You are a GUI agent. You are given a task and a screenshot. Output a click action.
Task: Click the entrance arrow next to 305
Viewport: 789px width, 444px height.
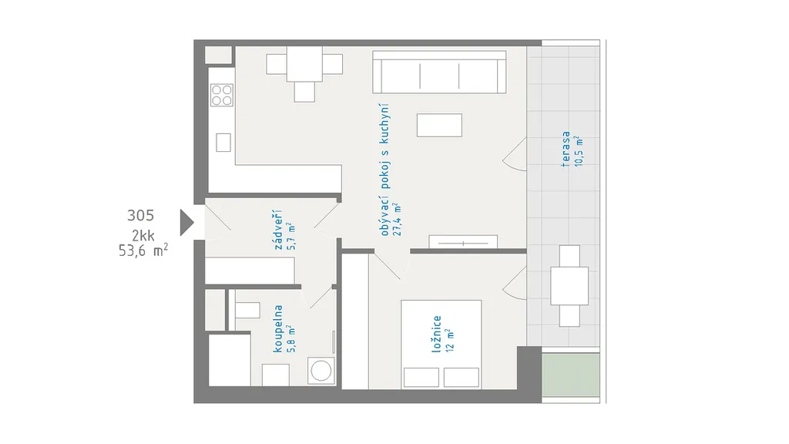(186, 223)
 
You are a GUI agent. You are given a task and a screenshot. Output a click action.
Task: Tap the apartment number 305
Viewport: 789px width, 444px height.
(140, 216)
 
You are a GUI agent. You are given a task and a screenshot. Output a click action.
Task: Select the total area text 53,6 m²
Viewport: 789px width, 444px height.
(143, 250)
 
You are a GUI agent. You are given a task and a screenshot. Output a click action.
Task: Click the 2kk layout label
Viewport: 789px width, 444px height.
(143, 235)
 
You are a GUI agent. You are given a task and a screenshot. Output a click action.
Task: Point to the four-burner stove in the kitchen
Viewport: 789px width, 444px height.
(222, 95)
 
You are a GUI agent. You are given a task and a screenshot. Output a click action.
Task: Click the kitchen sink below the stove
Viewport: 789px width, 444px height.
(223, 143)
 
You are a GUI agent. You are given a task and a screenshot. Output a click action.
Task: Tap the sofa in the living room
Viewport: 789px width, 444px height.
(439, 72)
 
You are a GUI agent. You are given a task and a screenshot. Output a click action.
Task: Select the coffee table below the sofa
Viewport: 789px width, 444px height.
(439, 126)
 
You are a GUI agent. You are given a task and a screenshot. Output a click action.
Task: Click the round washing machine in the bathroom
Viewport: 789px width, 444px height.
(321, 371)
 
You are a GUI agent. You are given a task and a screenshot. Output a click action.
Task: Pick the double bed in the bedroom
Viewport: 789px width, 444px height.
(442, 345)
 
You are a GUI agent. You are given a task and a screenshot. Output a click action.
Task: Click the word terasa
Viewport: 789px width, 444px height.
(566, 149)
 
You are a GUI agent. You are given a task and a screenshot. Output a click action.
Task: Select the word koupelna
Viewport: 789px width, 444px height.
(277, 328)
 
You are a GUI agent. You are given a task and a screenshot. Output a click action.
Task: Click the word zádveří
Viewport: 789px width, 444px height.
(277, 230)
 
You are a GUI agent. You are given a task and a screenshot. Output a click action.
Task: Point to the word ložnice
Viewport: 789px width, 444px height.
(436, 334)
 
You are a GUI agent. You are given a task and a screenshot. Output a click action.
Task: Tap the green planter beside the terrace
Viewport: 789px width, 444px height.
(571, 375)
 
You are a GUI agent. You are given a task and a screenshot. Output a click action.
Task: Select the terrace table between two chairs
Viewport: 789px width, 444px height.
(569, 285)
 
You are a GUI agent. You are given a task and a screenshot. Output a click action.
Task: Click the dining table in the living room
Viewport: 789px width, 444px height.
(304, 64)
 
